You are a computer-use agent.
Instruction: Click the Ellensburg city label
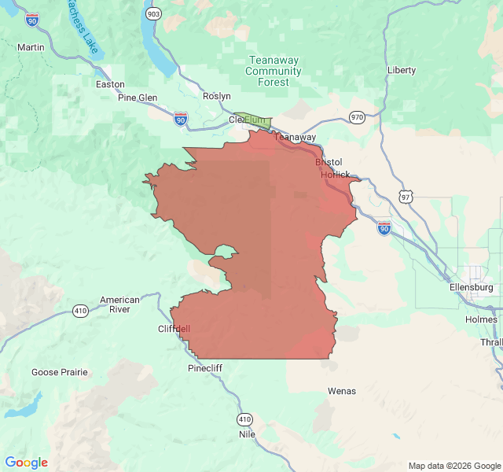(472, 288)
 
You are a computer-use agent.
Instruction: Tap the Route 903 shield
(153, 14)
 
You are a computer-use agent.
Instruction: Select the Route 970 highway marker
(358, 117)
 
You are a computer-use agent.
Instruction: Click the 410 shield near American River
(80, 311)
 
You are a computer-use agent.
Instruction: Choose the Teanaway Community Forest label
(273, 71)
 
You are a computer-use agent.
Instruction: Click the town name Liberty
(402, 70)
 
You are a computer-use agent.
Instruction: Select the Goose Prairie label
(60, 372)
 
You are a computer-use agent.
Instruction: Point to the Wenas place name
(342, 391)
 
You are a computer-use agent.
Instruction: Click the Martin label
(31, 47)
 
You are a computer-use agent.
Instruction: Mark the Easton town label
(110, 84)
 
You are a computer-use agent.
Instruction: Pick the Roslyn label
(217, 96)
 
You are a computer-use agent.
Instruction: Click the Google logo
(26, 463)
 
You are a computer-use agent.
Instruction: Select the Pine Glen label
(138, 98)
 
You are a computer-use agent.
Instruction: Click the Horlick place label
(335, 174)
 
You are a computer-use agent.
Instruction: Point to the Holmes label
(481, 319)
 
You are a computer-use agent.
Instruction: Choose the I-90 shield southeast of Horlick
(384, 228)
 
